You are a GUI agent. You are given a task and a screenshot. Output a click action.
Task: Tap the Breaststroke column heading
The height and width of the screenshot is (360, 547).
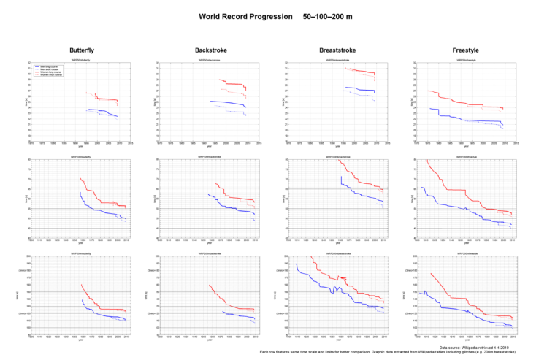click(337, 49)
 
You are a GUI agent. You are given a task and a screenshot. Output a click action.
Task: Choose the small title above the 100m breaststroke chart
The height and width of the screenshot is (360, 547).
click(337, 157)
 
